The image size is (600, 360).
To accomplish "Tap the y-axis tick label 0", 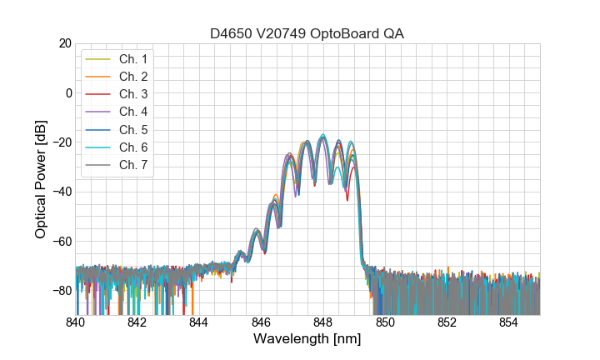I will click(x=68, y=92).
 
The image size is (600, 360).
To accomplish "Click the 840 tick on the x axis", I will click(x=76, y=322).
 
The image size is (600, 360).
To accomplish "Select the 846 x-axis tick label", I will click(x=261, y=322).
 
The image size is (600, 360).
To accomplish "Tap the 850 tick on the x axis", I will click(x=385, y=322).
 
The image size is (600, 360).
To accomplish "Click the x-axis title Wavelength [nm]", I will click(x=307, y=340).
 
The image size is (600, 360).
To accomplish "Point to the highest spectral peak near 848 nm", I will click(x=322, y=135).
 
